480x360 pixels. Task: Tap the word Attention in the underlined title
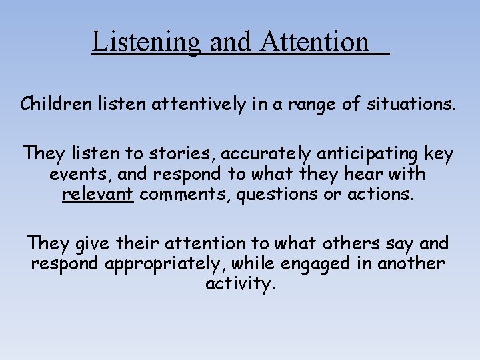[315, 42]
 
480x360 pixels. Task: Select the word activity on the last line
[240, 285]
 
